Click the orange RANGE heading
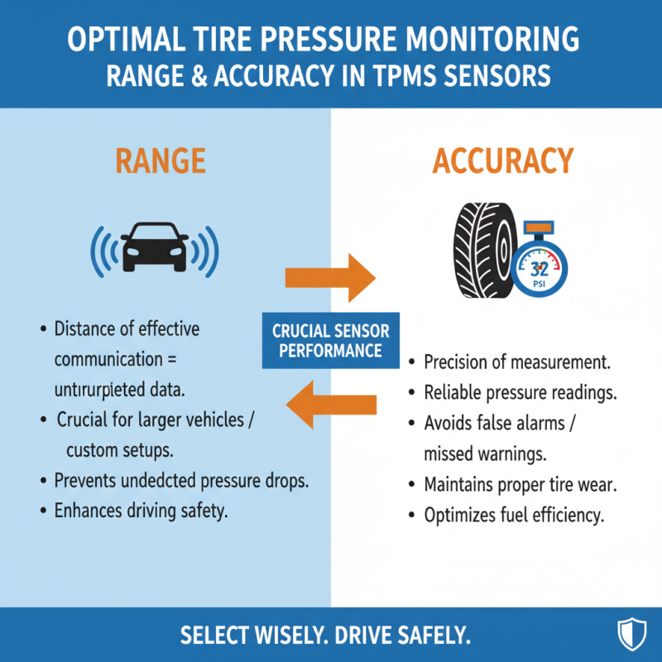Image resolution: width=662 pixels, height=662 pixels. [161, 161]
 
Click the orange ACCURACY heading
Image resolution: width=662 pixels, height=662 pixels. [502, 161]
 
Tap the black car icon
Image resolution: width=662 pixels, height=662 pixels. [154, 246]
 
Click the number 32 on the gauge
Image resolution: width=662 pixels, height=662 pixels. [539, 268]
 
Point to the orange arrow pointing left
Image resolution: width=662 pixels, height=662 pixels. [330, 405]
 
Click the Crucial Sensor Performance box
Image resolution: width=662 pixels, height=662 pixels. [330, 340]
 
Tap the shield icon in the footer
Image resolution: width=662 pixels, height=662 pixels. [631, 635]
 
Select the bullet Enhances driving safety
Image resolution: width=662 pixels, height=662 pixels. [140, 511]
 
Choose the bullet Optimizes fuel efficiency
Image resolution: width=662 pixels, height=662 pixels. [513, 515]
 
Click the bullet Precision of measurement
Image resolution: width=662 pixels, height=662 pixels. [516, 362]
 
